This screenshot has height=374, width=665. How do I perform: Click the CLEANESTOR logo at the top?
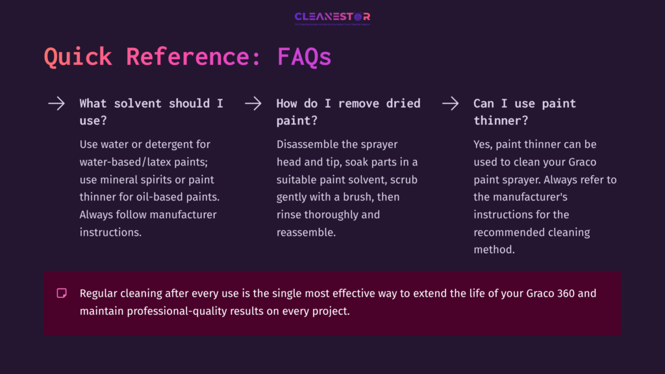pos(332,18)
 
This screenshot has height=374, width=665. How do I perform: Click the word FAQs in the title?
pos(304,57)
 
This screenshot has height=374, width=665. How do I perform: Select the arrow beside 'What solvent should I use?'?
pos(56,103)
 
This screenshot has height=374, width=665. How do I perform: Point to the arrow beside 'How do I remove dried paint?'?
pos(253,103)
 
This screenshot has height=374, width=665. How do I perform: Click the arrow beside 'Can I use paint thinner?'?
pos(450,103)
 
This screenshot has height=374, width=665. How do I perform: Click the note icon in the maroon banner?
pos(62,293)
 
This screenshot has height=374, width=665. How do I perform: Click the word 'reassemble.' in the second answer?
pos(307,232)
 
